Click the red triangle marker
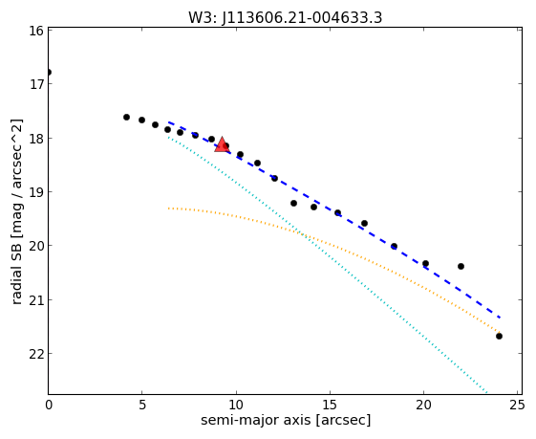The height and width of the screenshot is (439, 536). point(222,144)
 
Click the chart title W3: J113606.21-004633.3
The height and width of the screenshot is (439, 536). point(285,18)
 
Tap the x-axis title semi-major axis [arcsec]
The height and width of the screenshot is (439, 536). point(286,420)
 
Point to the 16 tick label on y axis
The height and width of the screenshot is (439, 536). point(36,31)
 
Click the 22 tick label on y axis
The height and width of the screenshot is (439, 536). point(36,354)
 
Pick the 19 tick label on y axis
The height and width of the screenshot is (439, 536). point(36,192)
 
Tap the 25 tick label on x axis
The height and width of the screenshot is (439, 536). point(517,406)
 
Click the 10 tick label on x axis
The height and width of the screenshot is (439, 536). point(236,406)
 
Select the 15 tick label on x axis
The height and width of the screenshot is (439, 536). point(330,406)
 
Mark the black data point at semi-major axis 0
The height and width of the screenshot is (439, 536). point(49,72)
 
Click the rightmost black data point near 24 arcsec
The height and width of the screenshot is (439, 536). point(499,337)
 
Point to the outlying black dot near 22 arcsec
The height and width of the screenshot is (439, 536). point(461,266)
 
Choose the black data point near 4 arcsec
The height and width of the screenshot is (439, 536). point(126,117)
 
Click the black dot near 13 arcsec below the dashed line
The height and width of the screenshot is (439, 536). point(293,204)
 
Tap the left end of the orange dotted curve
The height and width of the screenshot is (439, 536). point(168,209)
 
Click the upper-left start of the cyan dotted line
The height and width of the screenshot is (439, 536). point(168,137)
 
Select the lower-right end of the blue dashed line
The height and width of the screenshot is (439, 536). point(500,318)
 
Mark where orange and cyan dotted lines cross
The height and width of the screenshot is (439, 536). point(299,233)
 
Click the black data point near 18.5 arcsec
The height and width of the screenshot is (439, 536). point(395,246)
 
